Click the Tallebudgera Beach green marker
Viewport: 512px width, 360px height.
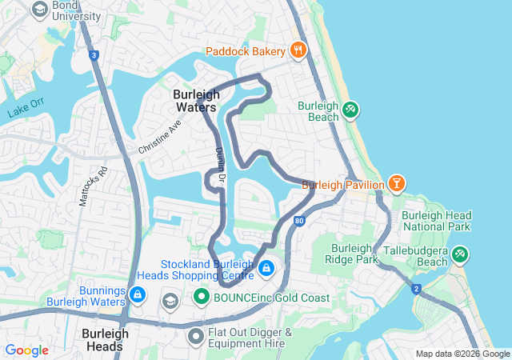pos(460,255)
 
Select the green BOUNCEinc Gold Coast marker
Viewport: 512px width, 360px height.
pos(201,298)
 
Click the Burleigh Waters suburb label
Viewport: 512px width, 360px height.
pos(195,100)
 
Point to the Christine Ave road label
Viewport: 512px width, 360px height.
pos(160,137)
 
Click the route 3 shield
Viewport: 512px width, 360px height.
pos(94,55)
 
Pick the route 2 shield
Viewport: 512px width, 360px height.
pos(416,289)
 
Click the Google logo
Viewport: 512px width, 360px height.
pos(26,350)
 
